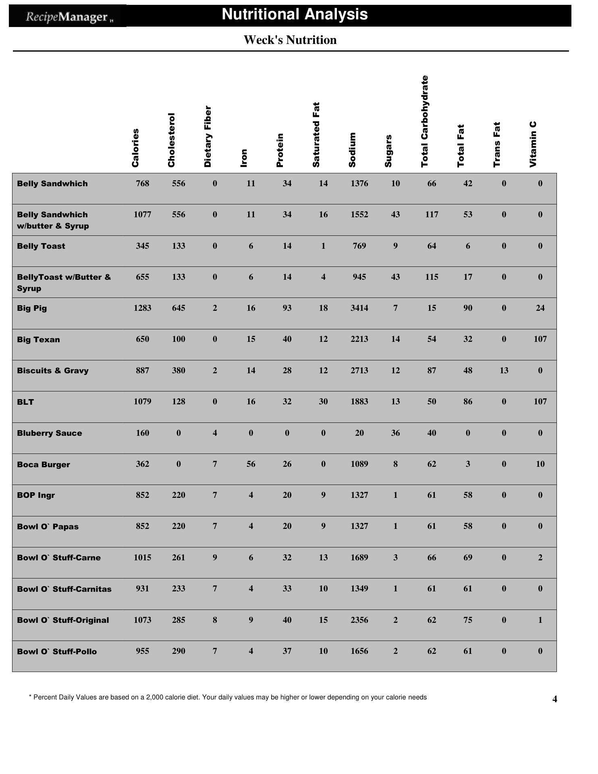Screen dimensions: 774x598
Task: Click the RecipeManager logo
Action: [67, 17]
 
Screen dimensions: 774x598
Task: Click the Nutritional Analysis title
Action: [295, 15]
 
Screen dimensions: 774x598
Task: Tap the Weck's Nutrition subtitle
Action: [290, 40]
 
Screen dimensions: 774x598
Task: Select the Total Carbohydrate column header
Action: [425, 121]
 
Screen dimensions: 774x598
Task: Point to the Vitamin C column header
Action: [533, 144]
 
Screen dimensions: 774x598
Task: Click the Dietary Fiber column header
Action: [208, 136]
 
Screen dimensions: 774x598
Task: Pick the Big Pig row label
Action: [32, 308]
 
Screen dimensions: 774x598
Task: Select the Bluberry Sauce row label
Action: [50, 433]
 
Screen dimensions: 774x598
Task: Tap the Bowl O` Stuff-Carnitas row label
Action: [64, 589]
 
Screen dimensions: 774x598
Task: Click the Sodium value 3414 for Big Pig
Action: [359, 308]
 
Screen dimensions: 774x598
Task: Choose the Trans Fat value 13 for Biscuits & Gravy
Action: [504, 370]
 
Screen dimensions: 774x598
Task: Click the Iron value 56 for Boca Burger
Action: [251, 464]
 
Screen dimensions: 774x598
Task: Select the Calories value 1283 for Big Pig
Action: [143, 308]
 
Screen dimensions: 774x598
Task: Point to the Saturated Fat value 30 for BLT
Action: [323, 402]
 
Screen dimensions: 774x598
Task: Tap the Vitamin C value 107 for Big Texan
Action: [540, 339]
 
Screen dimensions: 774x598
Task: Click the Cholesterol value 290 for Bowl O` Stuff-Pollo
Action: [179, 651]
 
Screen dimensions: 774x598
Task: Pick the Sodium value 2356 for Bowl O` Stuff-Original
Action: [359, 620]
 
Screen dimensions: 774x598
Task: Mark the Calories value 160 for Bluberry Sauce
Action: [143, 433]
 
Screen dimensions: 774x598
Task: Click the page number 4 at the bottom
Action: [554, 699]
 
